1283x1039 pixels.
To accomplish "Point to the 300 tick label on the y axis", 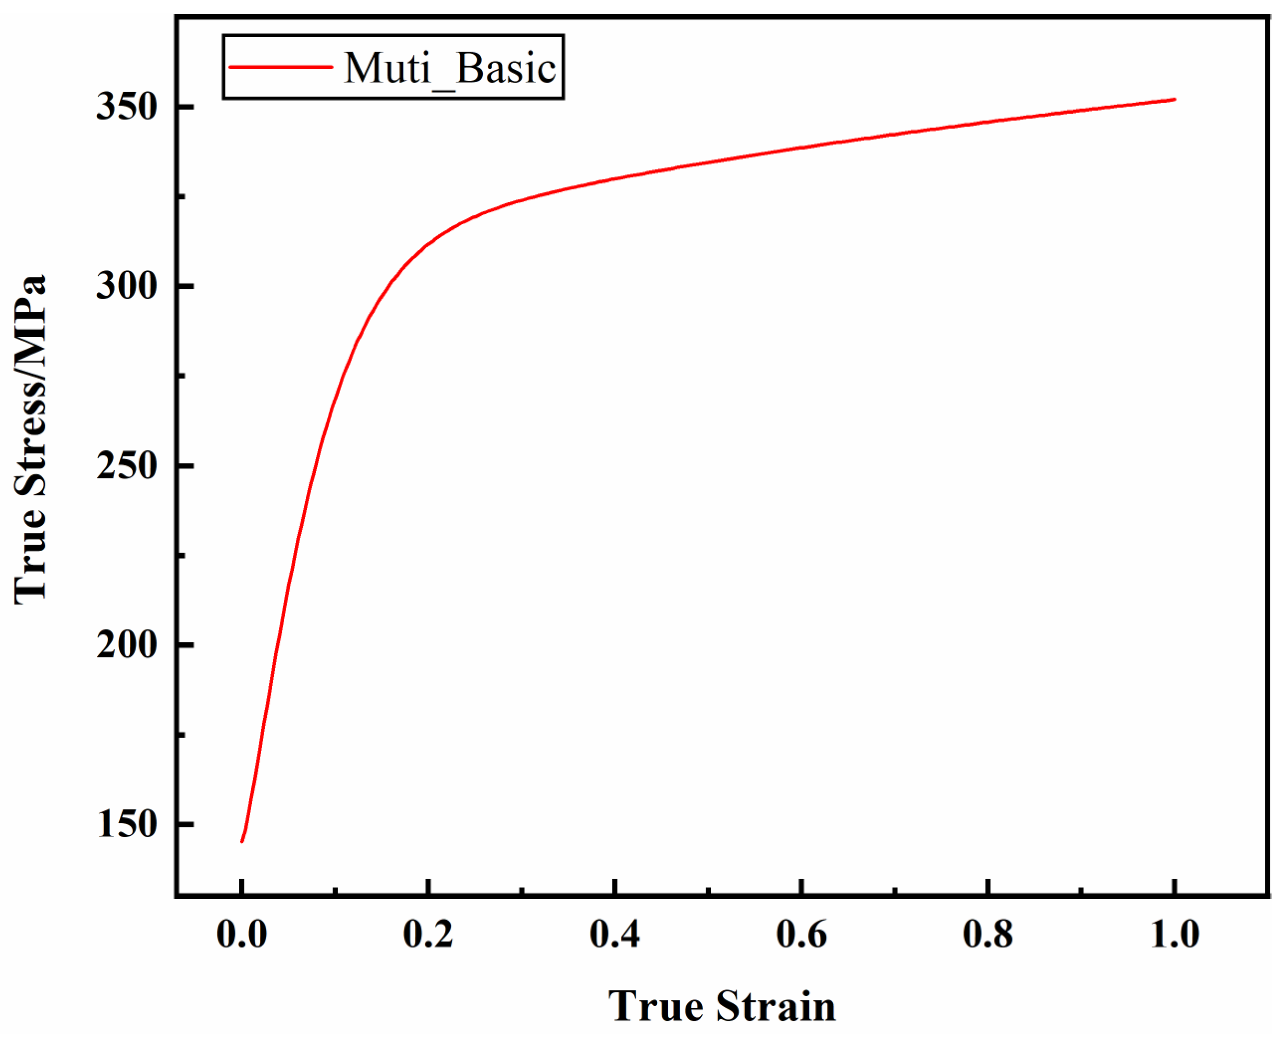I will pyautogui.click(x=126, y=287).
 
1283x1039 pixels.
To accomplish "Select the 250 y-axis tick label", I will pyautogui.click(x=126, y=466).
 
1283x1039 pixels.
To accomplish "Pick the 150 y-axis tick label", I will pyautogui.click(x=126, y=824).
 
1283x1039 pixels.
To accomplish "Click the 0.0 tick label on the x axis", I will pyautogui.click(x=242, y=934).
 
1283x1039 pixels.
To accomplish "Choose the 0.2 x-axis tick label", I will pyautogui.click(x=428, y=934).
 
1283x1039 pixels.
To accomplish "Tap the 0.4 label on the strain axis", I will pyautogui.click(x=615, y=934).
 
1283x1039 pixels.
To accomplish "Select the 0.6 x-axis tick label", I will pyautogui.click(x=801, y=934).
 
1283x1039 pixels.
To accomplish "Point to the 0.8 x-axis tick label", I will pyautogui.click(x=988, y=934).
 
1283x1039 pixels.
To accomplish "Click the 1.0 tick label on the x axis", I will pyautogui.click(x=1175, y=934).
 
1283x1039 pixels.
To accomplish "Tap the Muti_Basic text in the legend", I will pyautogui.click(x=450, y=68).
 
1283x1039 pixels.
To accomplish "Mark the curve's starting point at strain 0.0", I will pyautogui.click(x=242, y=841).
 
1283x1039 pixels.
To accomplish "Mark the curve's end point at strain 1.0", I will pyautogui.click(x=1175, y=100).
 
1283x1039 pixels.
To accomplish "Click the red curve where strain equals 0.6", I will pyautogui.click(x=801, y=147).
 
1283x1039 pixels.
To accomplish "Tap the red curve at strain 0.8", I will pyautogui.click(x=988, y=123).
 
